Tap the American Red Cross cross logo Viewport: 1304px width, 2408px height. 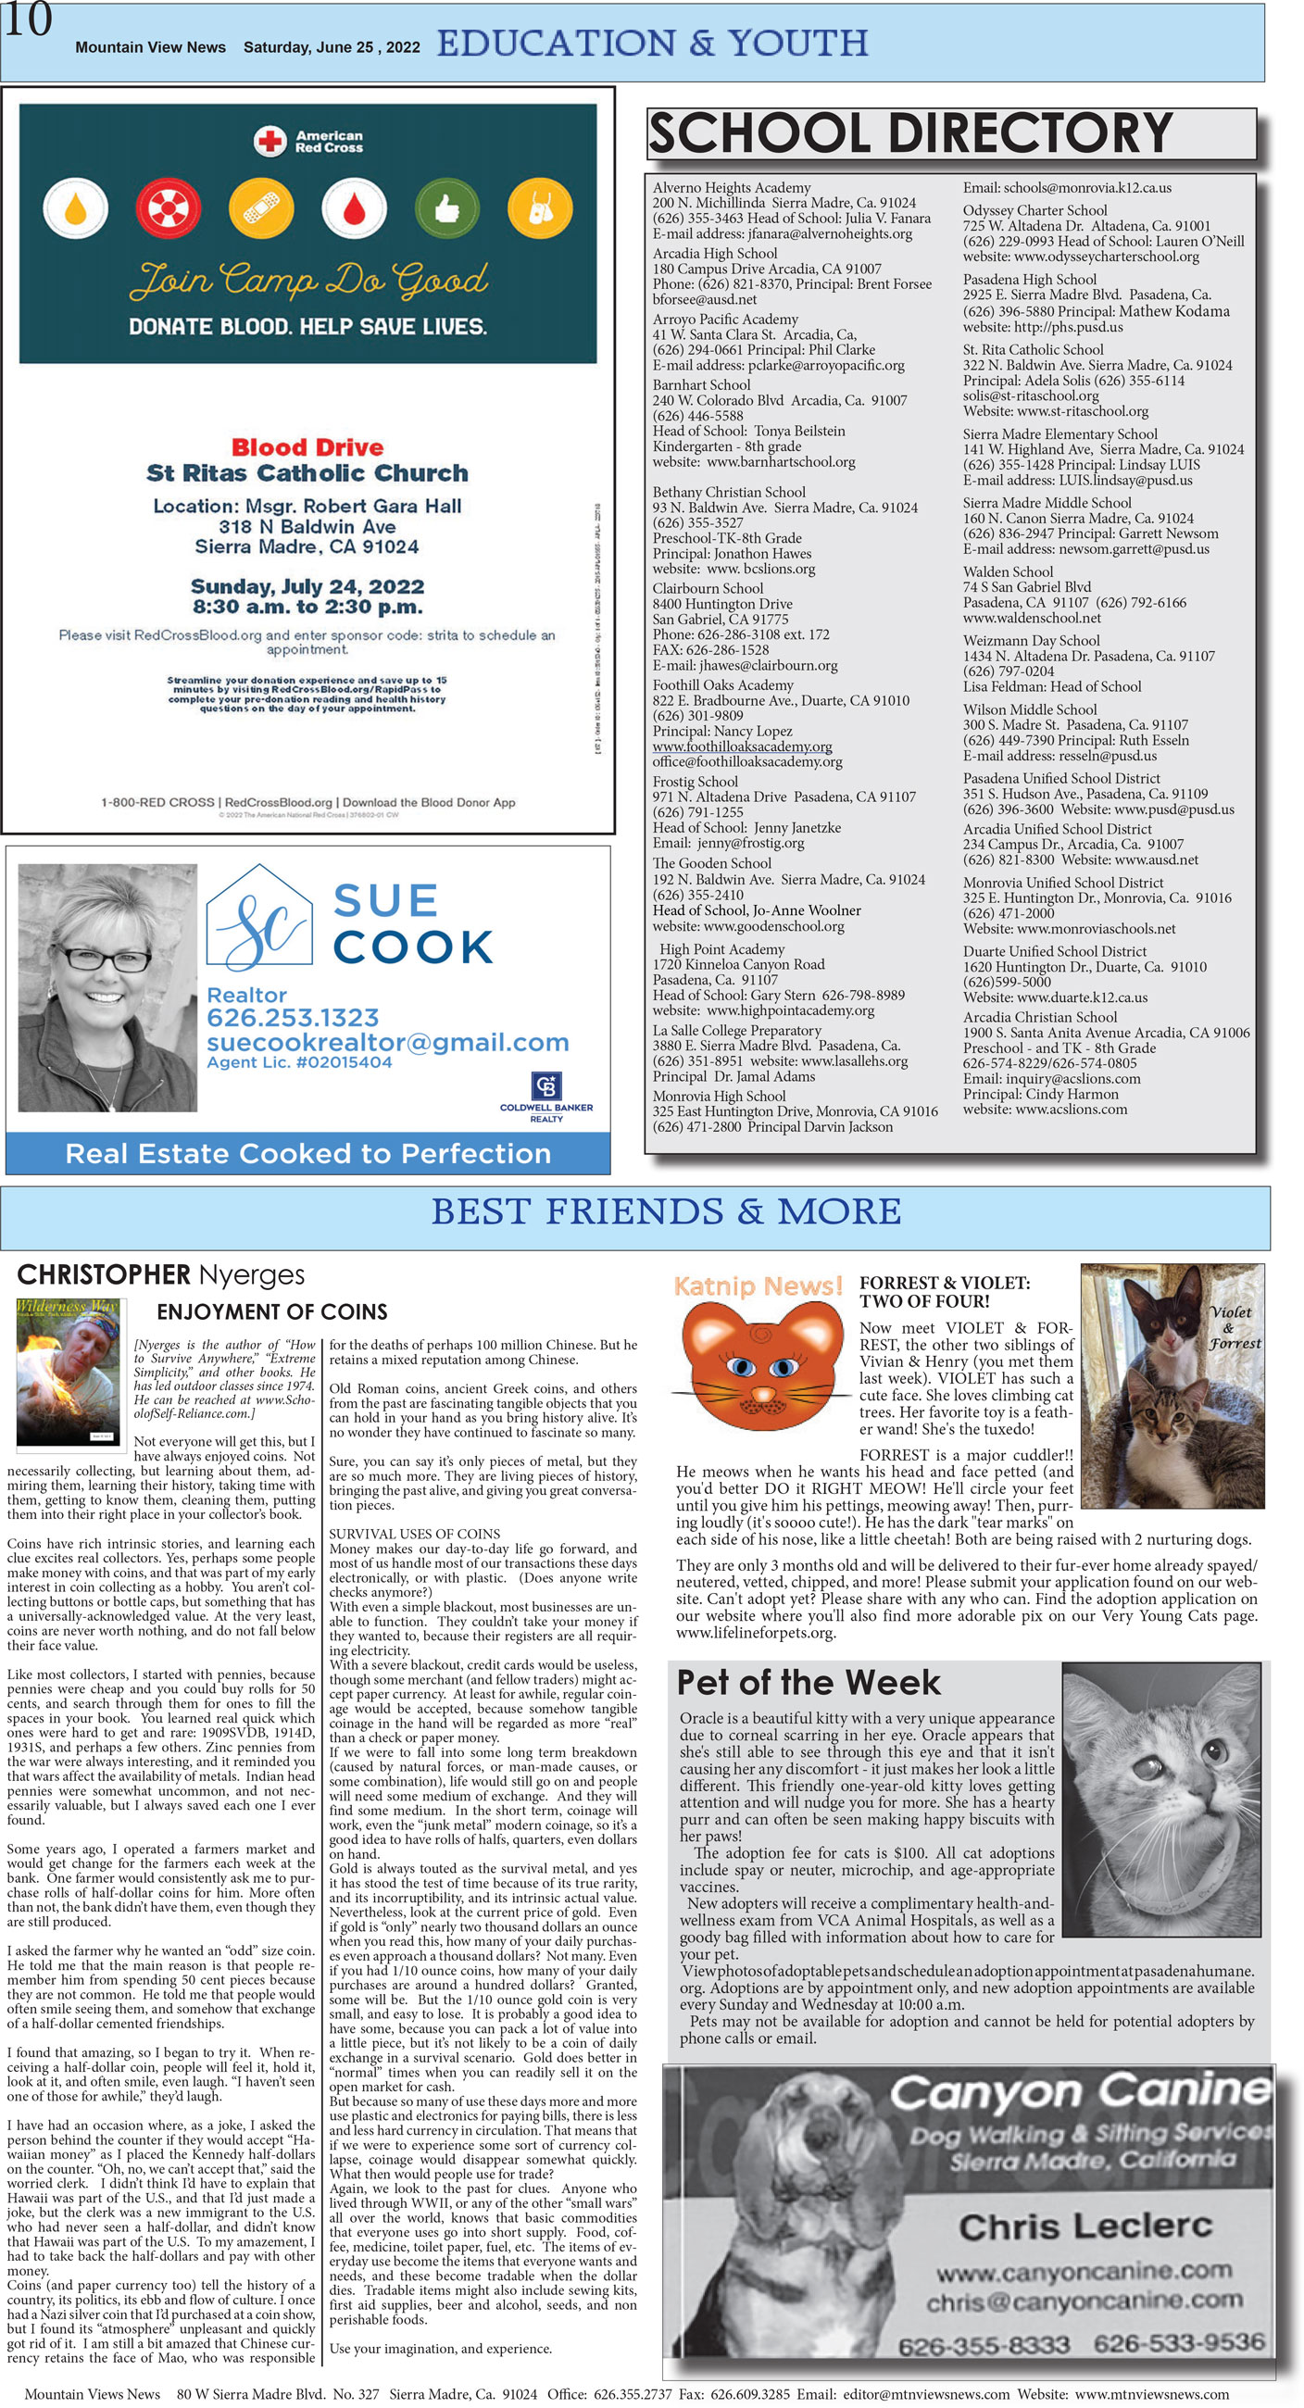click(x=270, y=141)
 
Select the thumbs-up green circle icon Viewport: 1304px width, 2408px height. click(x=446, y=208)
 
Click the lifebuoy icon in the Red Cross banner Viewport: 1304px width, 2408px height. click(x=169, y=208)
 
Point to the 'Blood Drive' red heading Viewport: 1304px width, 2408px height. click(x=307, y=446)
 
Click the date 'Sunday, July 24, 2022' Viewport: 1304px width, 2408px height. click(x=307, y=587)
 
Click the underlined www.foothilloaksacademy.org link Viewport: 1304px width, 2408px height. click(x=742, y=746)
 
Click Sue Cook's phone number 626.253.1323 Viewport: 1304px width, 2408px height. click(x=293, y=1018)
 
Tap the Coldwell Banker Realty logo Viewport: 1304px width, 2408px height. click(x=545, y=1089)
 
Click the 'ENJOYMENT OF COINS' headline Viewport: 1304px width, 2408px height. click(x=272, y=1311)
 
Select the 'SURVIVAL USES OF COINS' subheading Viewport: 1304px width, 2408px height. click(x=414, y=1534)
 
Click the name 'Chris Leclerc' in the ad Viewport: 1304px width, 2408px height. click(x=1085, y=2226)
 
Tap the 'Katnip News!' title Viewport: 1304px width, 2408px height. click(x=759, y=1286)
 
